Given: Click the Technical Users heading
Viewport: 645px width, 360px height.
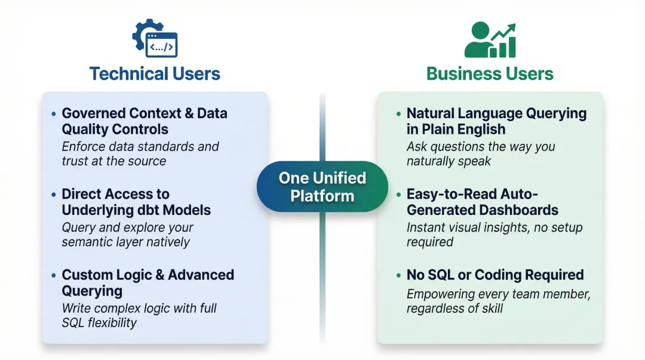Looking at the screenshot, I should click(x=155, y=74).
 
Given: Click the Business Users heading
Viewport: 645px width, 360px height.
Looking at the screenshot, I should click(x=490, y=74).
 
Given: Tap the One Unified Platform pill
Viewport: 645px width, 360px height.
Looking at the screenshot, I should click(x=322, y=187).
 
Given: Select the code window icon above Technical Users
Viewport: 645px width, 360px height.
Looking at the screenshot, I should click(x=162, y=45).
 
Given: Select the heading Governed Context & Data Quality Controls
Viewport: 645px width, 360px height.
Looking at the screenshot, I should click(x=144, y=121).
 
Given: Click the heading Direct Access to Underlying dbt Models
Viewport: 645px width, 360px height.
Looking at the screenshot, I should click(x=136, y=202).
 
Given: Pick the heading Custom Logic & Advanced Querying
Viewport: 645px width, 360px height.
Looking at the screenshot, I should click(x=148, y=282).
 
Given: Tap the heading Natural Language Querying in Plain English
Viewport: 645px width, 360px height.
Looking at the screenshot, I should click(x=496, y=121).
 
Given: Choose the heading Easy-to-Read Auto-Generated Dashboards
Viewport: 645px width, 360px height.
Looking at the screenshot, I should click(x=482, y=202).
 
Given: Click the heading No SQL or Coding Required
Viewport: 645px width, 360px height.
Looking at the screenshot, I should click(x=495, y=275).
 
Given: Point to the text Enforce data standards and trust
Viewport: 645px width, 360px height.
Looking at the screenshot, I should click(x=140, y=153).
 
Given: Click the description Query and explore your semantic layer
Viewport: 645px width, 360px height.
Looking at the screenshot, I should click(x=128, y=235).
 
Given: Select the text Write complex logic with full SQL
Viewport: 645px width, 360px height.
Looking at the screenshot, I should click(x=139, y=315).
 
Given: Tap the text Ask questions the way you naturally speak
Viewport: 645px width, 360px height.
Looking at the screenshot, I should click(x=480, y=153).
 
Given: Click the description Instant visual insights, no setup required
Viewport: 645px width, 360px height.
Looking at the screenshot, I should click(x=494, y=235).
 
